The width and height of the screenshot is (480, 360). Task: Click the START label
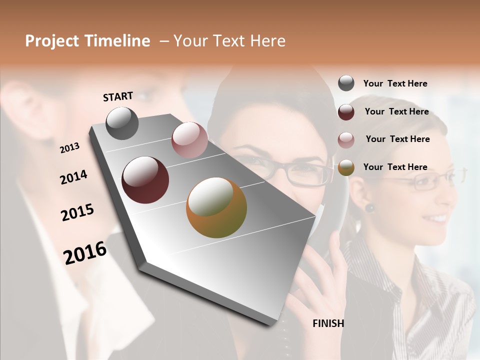coord(118,96)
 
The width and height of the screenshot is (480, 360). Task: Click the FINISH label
coord(328,323)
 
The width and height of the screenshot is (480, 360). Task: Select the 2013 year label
coord(69,148)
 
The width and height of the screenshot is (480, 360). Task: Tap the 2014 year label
coord(73,177)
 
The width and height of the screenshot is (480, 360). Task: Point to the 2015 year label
coord(77,212)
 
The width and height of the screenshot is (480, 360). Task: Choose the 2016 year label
coord(85,252)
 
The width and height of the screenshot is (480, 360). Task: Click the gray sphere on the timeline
coord(122,123)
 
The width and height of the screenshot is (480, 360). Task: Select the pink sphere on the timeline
coord(189,140)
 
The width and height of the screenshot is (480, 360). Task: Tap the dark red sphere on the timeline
coord(145,180)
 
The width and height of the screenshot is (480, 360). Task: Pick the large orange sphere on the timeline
coord(216,207)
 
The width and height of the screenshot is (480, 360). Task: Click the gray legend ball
coord(346,83)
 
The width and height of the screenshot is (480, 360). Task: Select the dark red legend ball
coord(346,111)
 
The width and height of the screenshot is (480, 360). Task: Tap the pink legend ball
coord(346,139)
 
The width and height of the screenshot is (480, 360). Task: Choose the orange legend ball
coord(346,167)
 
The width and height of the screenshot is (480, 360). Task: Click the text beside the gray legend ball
coord(395,83)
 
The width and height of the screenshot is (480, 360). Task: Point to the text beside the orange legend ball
coord(395,167)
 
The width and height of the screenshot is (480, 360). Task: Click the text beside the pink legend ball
coord(397,139)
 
